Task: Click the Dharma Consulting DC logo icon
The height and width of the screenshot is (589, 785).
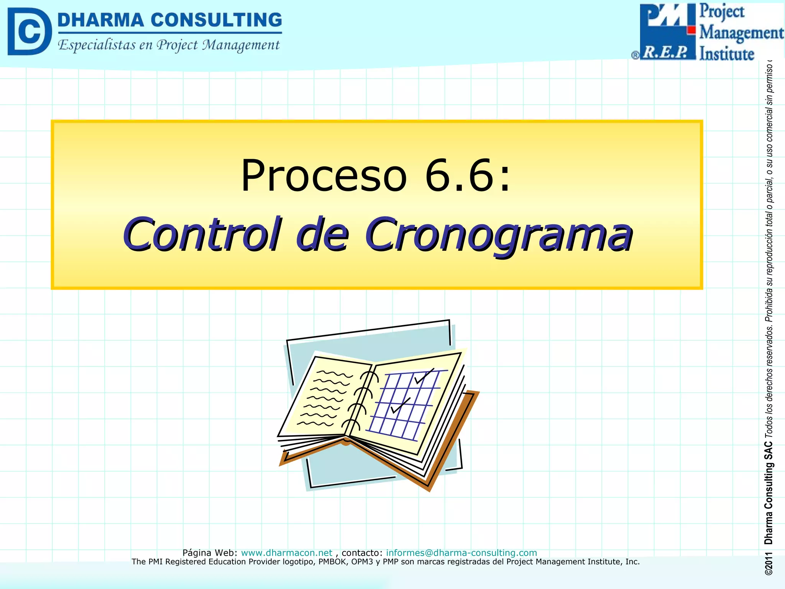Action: point(29,31)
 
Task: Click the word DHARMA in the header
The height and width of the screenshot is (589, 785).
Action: point(100,20)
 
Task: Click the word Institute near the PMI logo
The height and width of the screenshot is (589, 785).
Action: point(726,54)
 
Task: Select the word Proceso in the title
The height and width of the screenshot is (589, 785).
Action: point(323,176)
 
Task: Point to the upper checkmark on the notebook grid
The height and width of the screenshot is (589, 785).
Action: point(424,377)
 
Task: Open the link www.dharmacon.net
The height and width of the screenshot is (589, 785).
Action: point(286,553)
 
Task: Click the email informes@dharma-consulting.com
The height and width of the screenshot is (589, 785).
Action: point(461,553)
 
